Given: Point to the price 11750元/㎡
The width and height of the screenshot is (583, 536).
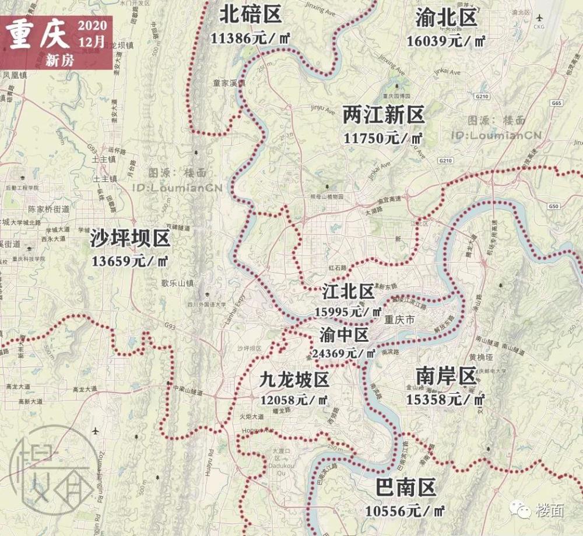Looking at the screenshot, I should [x=382, y=138].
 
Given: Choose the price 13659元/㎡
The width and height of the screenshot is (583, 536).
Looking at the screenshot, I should [x=130, y=261].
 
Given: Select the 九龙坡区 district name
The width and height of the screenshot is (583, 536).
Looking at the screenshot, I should [x=294, y=380].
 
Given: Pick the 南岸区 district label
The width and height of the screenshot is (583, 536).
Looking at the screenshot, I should [x=446, y=376].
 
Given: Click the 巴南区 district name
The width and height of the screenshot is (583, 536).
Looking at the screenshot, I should [x=406, y=487].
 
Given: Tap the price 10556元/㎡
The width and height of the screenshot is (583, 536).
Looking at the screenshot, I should [x=405, y=510].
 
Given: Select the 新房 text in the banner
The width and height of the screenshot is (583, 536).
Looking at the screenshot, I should [x=60, y=59].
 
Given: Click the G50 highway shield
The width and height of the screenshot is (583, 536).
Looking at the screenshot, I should [x=553, y=206].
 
